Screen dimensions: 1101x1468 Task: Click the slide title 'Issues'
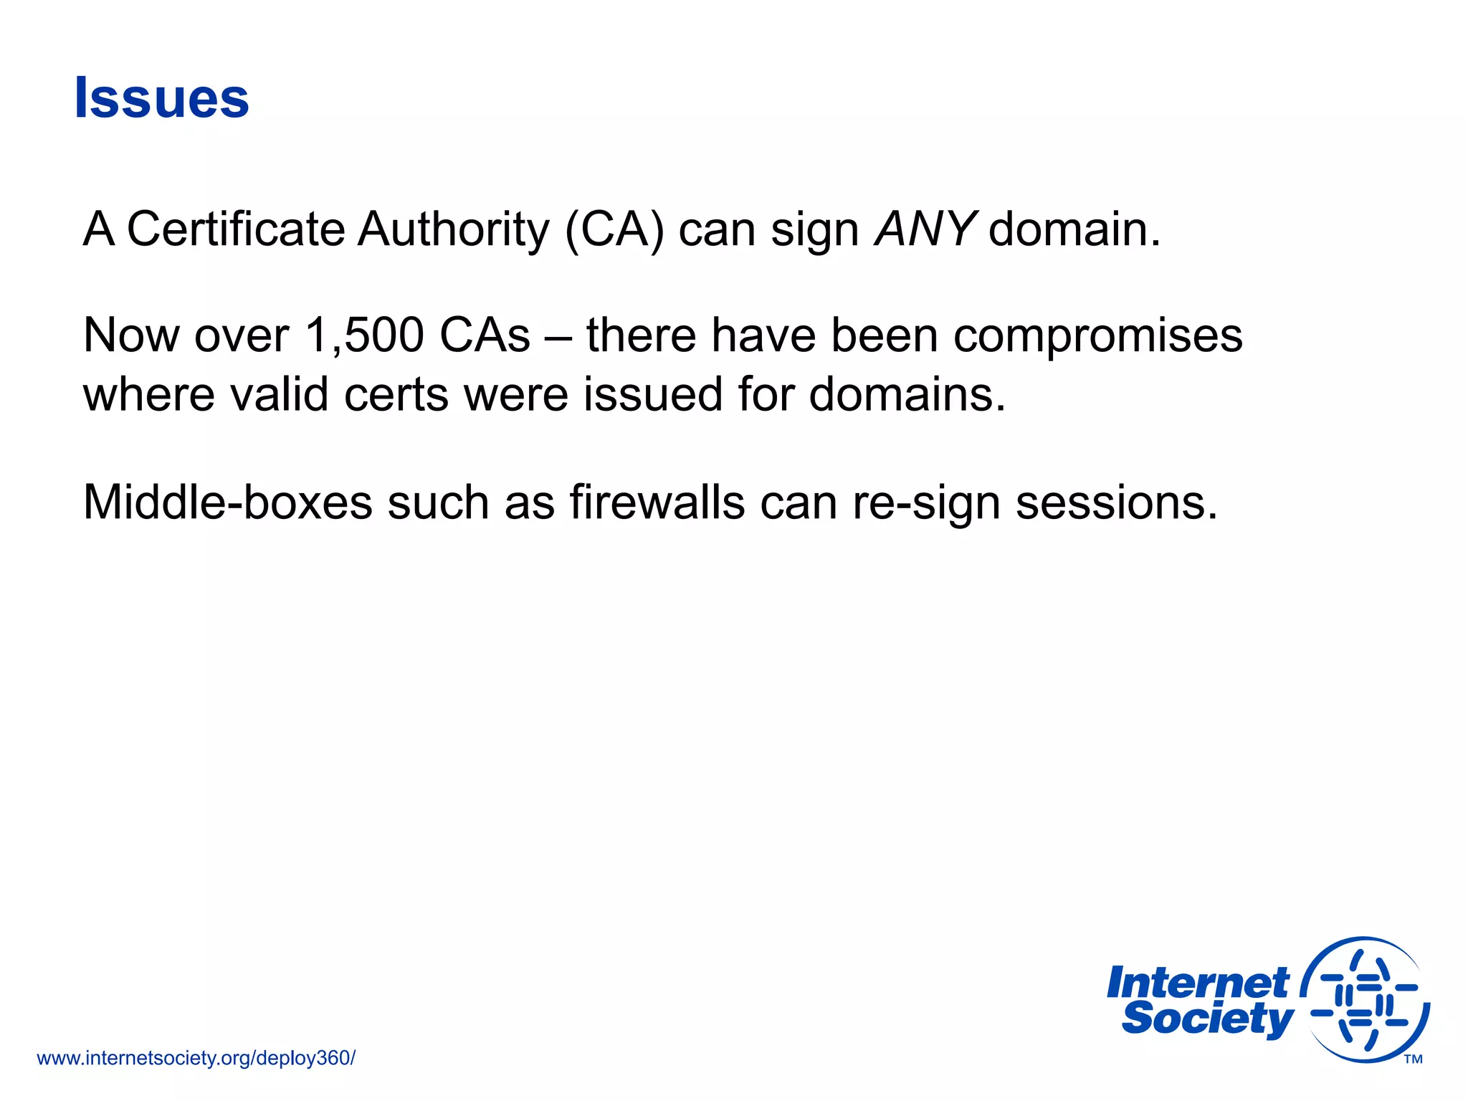(162, 98)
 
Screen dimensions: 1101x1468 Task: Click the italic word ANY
(925, 230)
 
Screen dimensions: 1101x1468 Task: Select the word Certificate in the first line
(236, 230)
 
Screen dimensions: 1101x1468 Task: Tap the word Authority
(453, 230)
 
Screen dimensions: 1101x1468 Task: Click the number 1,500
(364, 335)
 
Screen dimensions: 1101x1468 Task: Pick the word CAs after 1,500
(485, 335)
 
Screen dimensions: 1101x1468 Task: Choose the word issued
(652, 395)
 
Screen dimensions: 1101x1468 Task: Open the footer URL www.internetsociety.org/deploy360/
(196, 1058)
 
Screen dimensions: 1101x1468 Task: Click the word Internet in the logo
(1198, 983)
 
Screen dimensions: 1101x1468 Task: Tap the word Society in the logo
(1208, 1019)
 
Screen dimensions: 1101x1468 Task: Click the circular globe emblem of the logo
(1365, 999)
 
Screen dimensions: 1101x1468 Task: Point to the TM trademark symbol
(1413, 1059)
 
